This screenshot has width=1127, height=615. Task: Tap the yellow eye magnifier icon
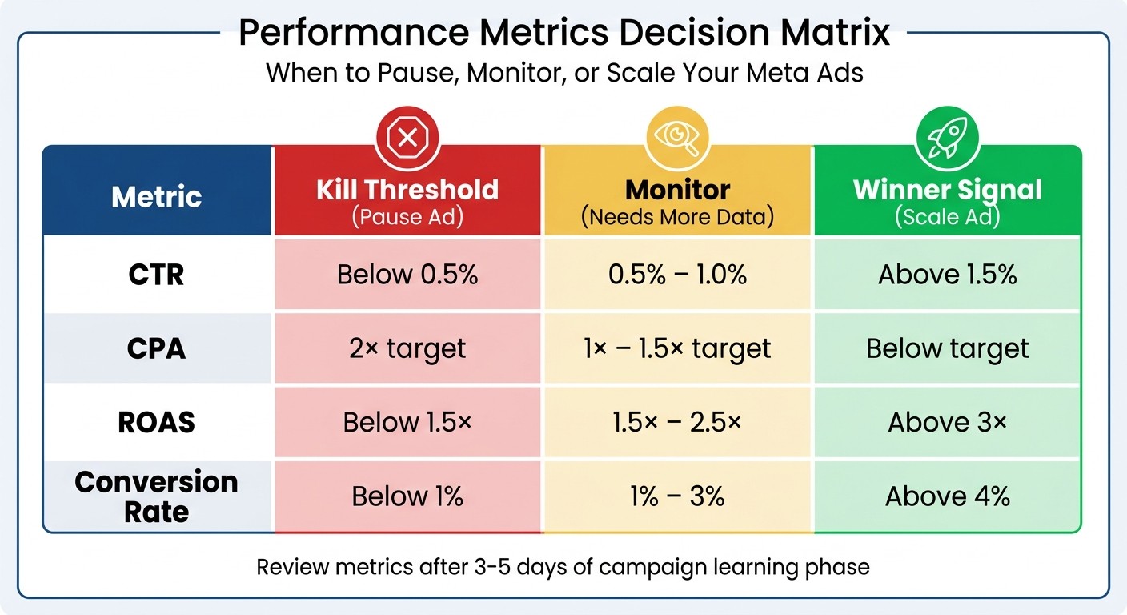[677, 138]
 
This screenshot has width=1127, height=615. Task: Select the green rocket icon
[947, 138]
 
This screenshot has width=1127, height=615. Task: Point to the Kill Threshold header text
[407, 190]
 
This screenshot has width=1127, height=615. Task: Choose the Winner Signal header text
[948, 190]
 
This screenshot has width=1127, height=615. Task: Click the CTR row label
[157, 275]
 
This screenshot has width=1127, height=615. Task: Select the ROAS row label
[157, 422]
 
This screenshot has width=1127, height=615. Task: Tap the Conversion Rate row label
[157, 496]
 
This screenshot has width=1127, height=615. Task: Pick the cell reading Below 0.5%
[407, 275]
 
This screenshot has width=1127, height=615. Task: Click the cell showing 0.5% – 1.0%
[677, 275]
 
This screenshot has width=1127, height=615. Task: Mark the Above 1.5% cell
[948, 275]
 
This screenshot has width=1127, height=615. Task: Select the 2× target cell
[407, 348]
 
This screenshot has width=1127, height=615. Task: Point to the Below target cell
[948, 348]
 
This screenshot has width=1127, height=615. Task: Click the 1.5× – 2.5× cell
[677, 422]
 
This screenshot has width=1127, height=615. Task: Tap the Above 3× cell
[948, 422]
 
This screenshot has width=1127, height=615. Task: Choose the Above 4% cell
[948, 496]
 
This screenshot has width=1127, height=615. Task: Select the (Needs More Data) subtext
[677, 217]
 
